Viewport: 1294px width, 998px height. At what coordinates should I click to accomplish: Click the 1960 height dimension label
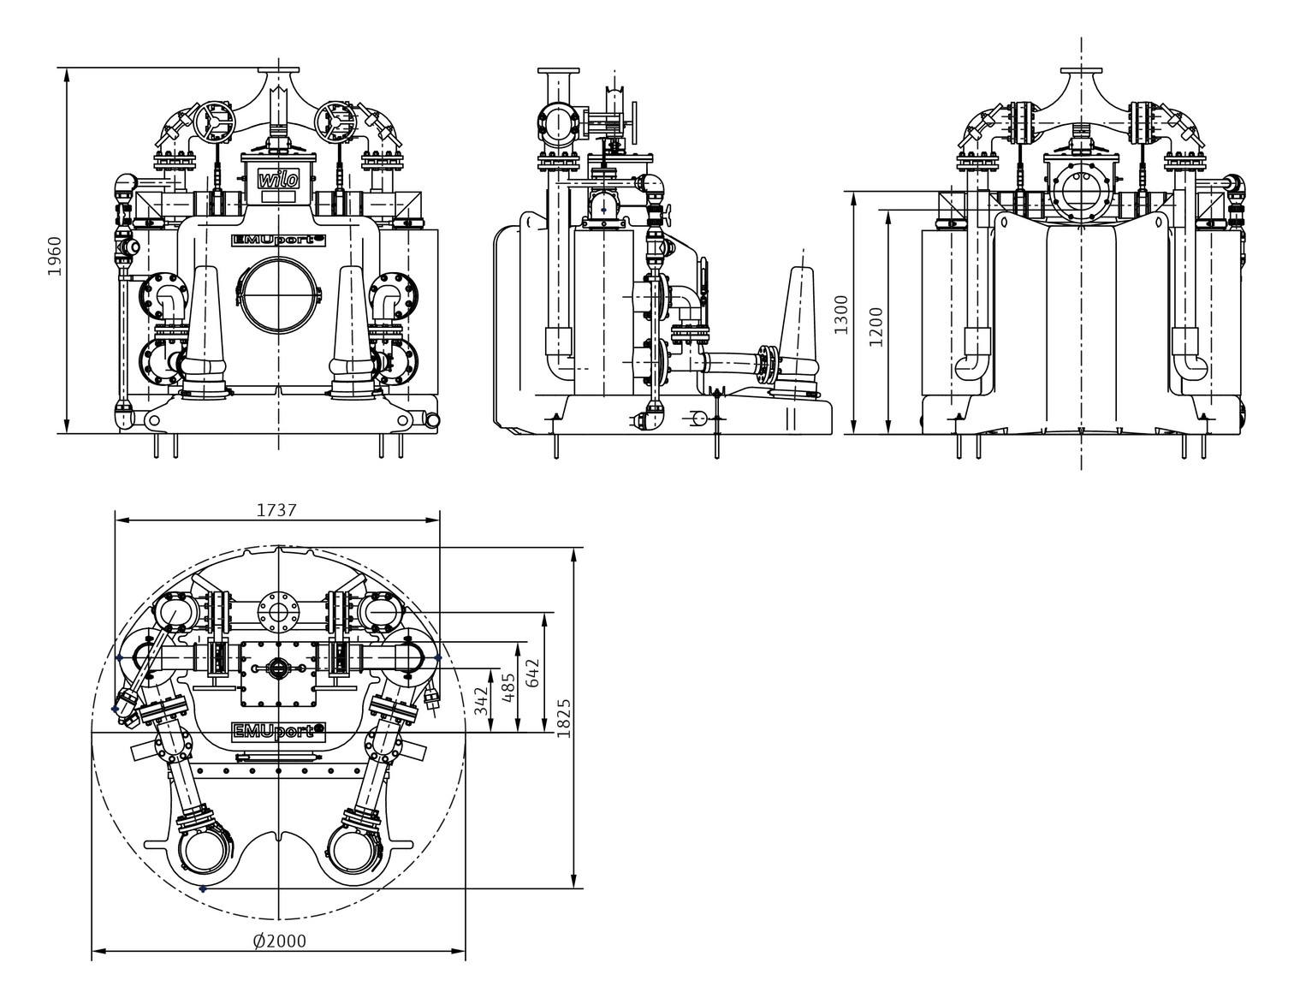point(55,255)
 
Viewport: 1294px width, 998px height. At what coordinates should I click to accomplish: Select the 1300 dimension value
point(840,315)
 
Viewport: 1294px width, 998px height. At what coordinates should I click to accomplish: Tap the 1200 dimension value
point(876,327)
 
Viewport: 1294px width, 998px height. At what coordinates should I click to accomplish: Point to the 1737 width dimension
point(276,510)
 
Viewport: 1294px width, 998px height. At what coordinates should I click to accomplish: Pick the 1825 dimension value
point(563,718)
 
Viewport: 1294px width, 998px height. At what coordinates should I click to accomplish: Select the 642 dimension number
point(532,672)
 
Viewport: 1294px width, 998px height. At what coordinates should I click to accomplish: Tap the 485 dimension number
point(508,688)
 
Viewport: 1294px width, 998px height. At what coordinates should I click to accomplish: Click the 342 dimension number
point(481,702)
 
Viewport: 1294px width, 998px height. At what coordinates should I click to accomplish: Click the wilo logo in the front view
point(278,179)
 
